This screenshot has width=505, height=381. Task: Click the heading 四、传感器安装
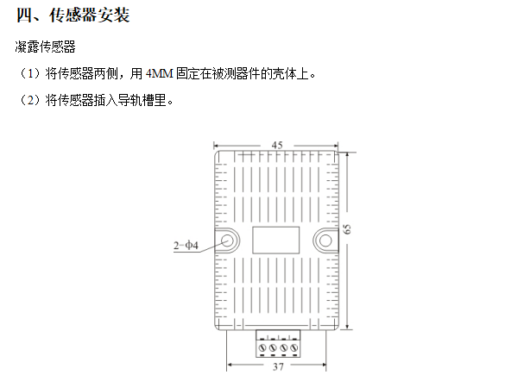coord(73,16)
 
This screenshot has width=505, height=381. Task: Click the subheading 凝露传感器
coord(45,47)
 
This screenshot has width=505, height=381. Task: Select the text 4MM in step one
coord(160,73)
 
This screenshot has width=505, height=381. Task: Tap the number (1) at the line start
coord(30,73)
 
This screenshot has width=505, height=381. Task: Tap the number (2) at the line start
coord(30,100)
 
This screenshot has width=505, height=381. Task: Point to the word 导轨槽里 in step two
coord(142,100)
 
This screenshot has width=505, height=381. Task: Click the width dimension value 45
coord(277,146)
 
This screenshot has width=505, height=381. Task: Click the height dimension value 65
coord(347,229)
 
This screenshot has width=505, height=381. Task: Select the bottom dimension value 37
coord(278,366)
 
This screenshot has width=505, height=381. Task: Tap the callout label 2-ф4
coord(186,246)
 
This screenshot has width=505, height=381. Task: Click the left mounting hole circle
coord(228,240)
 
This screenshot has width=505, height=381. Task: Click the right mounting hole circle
coord(325,240)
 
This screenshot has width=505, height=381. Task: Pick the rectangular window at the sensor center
coord(276,240)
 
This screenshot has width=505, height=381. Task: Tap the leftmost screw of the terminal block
coord(262,347)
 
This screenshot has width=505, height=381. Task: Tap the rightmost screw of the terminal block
coord(294,347)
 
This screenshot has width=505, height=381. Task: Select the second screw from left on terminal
coord(273,347)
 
